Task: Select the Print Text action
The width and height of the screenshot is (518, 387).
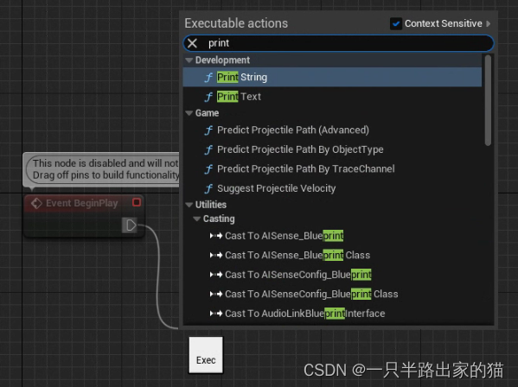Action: [239, 97]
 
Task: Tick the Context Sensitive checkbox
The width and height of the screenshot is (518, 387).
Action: [396, 23]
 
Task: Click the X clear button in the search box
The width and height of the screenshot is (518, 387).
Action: [192, 43]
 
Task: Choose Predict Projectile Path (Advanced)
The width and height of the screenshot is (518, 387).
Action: [292, 130]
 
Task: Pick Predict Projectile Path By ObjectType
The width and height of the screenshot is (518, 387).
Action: [300, 149]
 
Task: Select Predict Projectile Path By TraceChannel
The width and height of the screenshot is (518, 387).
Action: [305, 169]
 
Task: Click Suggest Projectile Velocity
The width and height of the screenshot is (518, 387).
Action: [276, 188]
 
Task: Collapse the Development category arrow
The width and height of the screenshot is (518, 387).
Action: [189, 60]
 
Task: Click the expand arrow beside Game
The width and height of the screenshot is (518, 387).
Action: [189, 113]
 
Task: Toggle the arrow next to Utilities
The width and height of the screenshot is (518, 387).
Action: [189, 205]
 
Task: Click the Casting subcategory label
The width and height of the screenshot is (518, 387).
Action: [219, 219]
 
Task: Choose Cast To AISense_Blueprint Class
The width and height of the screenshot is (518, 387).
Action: [297, 255]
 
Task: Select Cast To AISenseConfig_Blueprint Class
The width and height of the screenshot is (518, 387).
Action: [311, 294]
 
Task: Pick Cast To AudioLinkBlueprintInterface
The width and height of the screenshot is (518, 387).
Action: [305, 314]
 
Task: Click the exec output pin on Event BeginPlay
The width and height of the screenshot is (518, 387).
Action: [130, 225]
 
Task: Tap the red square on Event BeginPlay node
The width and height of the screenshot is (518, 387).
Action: [137, 202]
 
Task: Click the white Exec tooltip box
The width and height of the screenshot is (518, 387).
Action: [206, 355]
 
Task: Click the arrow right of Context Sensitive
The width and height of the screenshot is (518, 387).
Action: [489, 23]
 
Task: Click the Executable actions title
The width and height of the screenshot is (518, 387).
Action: [236, 23]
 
